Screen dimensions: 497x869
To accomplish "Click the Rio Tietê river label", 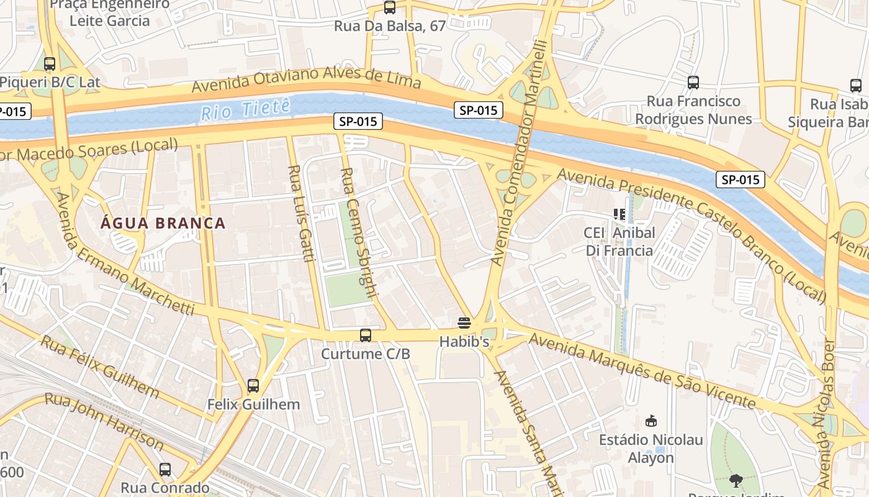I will (245, 110).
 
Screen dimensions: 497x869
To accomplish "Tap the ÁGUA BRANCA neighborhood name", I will (163, 223).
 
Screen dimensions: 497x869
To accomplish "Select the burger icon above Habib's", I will (464, 322).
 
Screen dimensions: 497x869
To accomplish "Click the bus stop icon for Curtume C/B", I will (366, 335).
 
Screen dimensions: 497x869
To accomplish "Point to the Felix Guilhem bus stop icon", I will (253, 386).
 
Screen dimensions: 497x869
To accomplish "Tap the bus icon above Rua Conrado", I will (165, 470).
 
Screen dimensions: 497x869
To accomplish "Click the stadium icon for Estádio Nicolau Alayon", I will (651, 421).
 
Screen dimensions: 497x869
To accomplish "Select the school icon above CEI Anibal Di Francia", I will (619, 214).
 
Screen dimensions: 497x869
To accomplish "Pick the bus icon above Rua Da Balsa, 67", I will (389, 7).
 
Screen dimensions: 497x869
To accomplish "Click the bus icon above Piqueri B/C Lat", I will (50, 63).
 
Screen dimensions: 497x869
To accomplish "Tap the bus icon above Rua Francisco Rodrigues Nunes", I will (693, 82).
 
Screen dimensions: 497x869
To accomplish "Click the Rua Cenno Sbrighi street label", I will (359, 233).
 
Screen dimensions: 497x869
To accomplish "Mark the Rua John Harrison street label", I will (106, 422).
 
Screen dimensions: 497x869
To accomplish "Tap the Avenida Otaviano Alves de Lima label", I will (307, 80).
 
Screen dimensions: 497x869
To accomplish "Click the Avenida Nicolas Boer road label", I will (825, 413).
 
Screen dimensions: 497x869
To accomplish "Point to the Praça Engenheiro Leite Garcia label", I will (109, 12).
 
